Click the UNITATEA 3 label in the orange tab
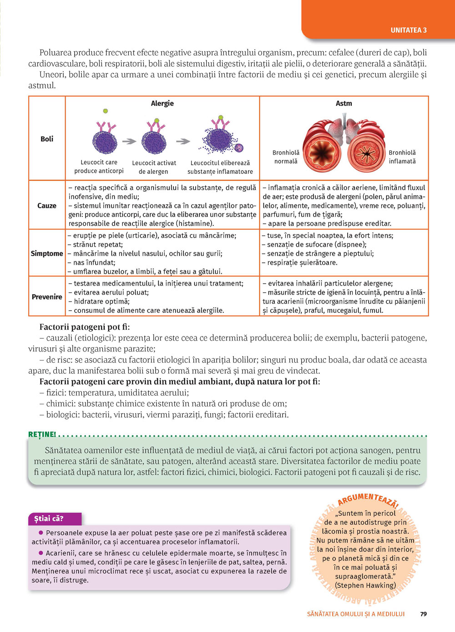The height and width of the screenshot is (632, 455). click(408, 30)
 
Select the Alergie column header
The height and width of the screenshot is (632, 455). click(162, 103)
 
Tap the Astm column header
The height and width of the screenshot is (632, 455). click(344, 103)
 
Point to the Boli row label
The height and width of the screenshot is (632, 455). click(47, 139)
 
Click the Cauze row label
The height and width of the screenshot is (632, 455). click(47, 206)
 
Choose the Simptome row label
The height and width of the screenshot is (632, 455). click(47, 253)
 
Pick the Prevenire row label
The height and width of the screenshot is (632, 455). click(47, 296)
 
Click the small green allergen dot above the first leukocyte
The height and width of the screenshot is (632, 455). click(106, 110)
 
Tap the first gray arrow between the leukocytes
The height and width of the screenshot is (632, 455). click(130, 141)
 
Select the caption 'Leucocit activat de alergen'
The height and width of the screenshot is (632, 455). click(154, 167)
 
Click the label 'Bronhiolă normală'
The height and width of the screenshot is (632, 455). click(286, 157)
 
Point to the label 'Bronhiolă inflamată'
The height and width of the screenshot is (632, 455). click(402, 157)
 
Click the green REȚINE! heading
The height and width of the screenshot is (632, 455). click(42, 434)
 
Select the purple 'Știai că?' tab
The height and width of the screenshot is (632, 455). click(49, 518)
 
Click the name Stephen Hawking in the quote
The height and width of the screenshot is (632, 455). click(365, 585)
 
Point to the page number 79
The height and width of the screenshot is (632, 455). click(424, 614)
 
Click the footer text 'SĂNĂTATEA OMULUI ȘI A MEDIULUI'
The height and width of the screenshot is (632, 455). click(356, 614)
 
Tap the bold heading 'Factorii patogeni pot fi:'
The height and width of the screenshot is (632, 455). click(85, 327)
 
